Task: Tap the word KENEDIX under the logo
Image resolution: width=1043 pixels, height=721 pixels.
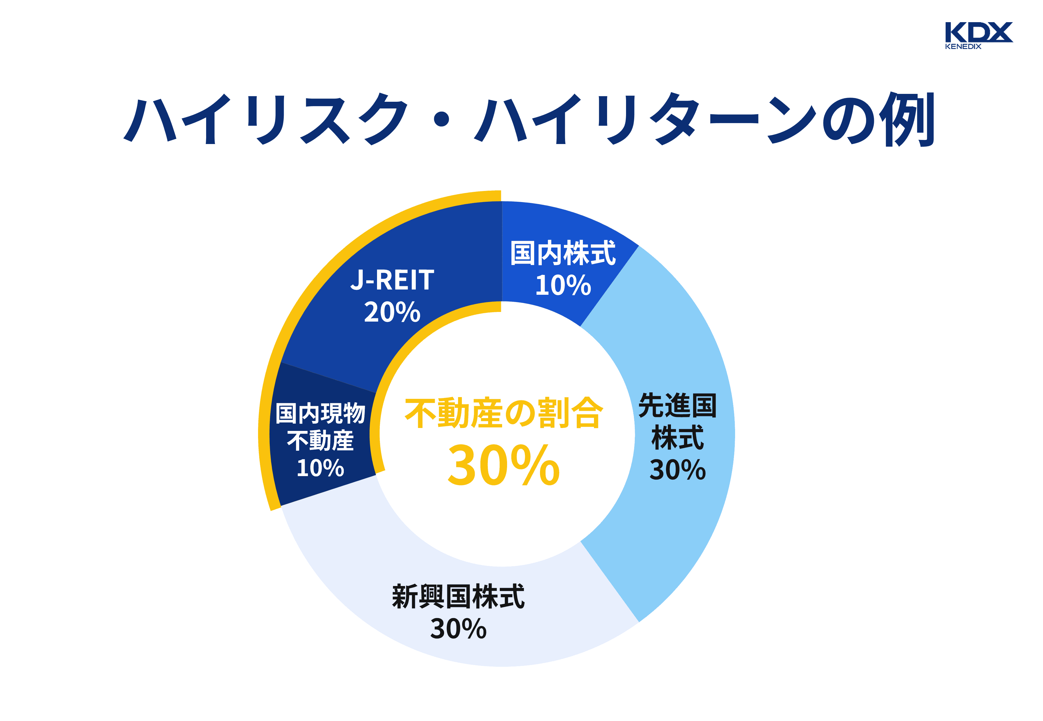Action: [963, 47]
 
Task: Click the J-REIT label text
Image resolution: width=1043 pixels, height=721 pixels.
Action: [392, 280]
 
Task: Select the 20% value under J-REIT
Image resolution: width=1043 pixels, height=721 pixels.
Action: [392, 312]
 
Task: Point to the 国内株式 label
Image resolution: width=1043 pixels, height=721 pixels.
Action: [563, 253]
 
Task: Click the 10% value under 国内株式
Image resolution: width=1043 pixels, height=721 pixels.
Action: [563, 285]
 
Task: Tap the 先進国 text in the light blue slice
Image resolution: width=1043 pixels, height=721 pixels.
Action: [677, 405]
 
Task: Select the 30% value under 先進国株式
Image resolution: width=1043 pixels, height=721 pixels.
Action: [677, 470]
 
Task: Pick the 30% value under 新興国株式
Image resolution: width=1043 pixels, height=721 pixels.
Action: [458, 629]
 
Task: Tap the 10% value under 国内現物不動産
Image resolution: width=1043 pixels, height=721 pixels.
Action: [320, 468]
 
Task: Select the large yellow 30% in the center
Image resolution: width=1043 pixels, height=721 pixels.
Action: [504, 465]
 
